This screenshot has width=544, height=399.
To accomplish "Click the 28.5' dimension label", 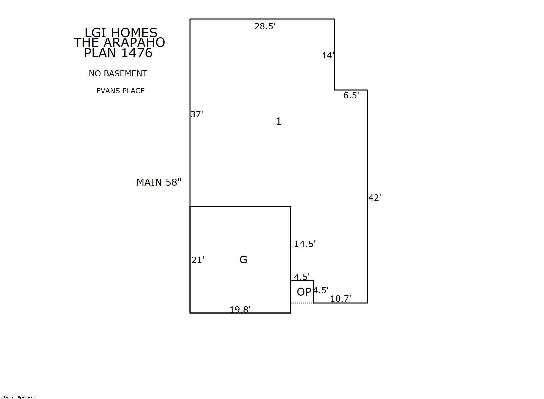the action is [265, 26].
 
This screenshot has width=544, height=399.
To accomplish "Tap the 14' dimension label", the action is [328, 55].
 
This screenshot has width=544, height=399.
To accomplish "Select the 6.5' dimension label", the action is [351, 95].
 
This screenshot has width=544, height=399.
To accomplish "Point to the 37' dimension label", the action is [197, 114].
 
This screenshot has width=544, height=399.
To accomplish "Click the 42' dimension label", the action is [375, 198].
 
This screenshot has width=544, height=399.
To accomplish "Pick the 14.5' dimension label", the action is [305, 244].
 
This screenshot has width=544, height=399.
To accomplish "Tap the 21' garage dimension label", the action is [198, 260].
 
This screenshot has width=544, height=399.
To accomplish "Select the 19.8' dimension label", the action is [240, 309].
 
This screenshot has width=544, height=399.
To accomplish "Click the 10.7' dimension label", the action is [341, 299].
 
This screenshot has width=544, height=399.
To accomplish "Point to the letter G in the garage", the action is [243, 260].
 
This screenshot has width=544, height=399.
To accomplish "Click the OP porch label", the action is [304, 292].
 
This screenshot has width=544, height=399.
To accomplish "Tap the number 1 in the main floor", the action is [279, 121].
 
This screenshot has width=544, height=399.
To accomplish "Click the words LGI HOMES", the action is [121, 33].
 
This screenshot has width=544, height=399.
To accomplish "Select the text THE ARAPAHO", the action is [119, 42].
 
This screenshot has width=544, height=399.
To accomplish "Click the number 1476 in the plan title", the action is [137, 53].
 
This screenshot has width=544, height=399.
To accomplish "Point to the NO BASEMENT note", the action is [118, 73].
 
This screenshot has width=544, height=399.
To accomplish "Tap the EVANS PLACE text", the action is [120, 91].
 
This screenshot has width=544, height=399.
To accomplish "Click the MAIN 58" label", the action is [159, 182].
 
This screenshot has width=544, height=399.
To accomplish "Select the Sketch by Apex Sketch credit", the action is [20, 397].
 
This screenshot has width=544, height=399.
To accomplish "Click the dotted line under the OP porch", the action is [302, 303].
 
